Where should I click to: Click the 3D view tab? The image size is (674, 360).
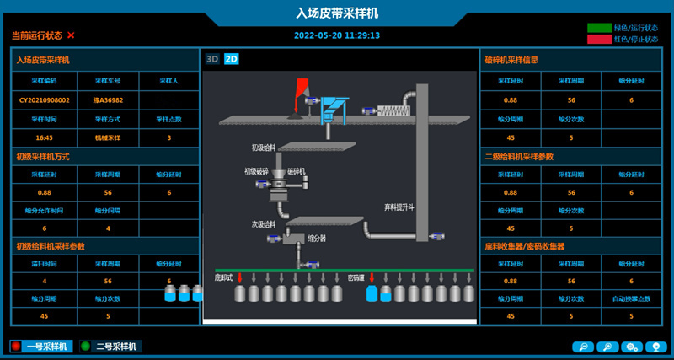coord(213,59)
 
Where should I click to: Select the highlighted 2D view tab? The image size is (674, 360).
coord(232,59)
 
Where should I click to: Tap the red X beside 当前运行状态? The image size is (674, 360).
coord(71,35)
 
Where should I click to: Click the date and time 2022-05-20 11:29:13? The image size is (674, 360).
coord(337,35)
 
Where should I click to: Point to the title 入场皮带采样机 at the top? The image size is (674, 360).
coord(337,13)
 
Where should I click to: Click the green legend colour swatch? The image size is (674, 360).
coord(599,28)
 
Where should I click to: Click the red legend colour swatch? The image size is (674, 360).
coord(599,39)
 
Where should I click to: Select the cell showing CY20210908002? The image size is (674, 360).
coord(45,99)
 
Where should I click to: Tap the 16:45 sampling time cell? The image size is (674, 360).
coord(45,137)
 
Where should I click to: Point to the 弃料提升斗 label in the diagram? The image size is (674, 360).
coord(400,207)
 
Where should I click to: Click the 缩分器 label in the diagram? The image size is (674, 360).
coord(317,238)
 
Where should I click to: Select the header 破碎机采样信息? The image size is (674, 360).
coord(511,60)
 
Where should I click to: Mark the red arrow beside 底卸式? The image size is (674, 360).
coord(240,277)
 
